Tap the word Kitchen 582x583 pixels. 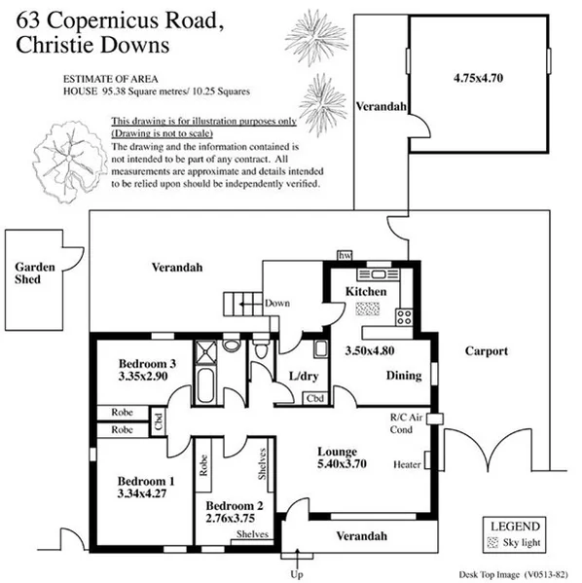coord(367,291)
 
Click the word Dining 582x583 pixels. coord(404,375)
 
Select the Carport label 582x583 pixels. coord(486,350)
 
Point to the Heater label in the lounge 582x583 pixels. coord(407,464)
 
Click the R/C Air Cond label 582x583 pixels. coord(403,422)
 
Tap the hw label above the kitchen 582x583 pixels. coord(344,255)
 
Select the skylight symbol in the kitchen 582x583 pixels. coord(367,309)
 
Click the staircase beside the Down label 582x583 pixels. coord(242,302)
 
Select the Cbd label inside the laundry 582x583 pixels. coord(314,398)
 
